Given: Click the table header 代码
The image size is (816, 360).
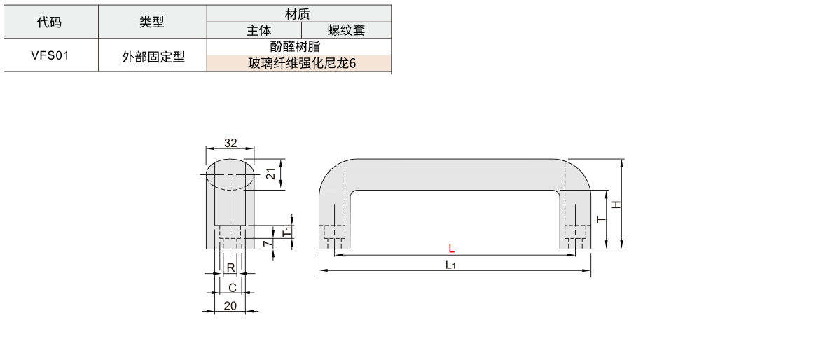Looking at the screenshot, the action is pos(50,22).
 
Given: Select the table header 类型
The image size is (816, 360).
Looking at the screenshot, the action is pos(152,22).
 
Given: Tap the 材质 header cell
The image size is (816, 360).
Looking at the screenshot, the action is pos(298,14).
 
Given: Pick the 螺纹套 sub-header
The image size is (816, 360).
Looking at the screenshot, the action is pos(346,31).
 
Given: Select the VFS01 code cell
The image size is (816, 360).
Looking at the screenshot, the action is pos(50,55).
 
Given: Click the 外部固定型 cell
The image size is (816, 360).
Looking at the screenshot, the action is pos(153,56).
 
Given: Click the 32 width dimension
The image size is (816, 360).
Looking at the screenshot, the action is pos(230,143).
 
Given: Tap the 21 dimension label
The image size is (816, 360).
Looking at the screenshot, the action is pos(270,174).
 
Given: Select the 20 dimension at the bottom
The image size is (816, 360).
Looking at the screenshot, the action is pos(230,306).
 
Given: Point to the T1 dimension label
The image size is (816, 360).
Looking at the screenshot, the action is pos(286,232).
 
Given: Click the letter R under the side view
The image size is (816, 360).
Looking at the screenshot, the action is pos(230,268).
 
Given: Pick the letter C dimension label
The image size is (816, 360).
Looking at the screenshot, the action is pos(232,288).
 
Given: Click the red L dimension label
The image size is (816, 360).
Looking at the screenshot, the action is pos(452,249).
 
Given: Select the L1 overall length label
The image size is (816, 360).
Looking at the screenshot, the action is pos(450,265).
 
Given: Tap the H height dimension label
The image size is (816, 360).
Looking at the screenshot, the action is pos(616,205).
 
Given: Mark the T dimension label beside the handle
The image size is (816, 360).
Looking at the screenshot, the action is pos(602,219).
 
